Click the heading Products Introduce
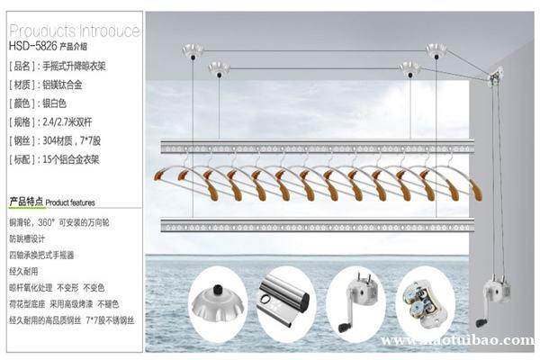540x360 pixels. [x=72, y=31]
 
